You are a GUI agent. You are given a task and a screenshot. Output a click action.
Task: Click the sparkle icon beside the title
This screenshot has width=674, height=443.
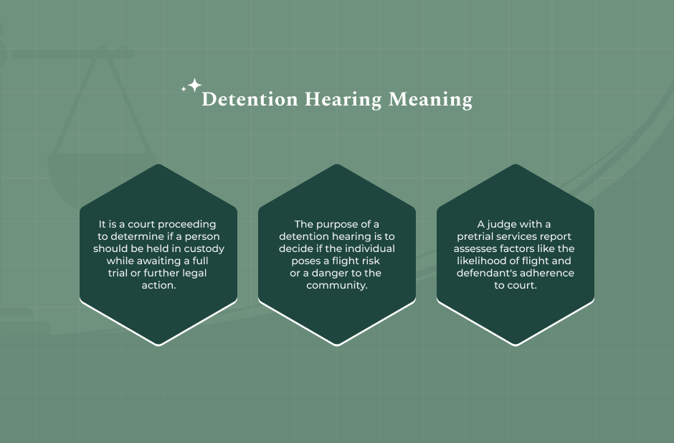[x=192, y=87]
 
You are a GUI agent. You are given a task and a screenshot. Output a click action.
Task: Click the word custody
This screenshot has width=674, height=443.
[x=205, y=249]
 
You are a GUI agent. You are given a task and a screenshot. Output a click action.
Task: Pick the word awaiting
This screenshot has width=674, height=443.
[x=152, y=261]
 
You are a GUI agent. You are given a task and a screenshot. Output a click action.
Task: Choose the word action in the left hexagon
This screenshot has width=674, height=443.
[x=158, y=286]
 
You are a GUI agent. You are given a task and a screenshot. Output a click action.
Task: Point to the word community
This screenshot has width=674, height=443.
[x=337, y=286]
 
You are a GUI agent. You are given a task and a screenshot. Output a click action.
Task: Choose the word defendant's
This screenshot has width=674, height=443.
[x=486, y=274]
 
